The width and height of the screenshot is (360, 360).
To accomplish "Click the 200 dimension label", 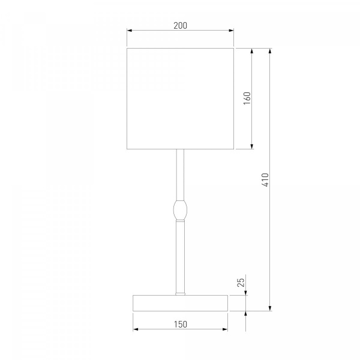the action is (x=180, y=25).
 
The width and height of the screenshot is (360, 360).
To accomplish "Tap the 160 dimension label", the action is (x=247, y=98).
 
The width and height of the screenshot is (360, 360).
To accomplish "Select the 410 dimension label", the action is (x=265, y=180).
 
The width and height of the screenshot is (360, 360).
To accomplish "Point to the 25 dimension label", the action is (x=241, y=283).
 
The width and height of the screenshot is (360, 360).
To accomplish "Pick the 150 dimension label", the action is (x=181, y=324).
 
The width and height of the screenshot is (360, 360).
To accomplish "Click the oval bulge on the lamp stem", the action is (x=180, y=209).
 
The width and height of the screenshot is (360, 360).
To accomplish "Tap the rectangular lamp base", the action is (x=180, y=303).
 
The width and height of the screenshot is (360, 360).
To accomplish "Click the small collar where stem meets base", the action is (x=180, y=293).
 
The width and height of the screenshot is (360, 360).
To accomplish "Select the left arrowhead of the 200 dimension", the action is (x=129, y=31).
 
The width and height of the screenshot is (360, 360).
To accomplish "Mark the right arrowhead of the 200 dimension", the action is (x=231, y=31).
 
